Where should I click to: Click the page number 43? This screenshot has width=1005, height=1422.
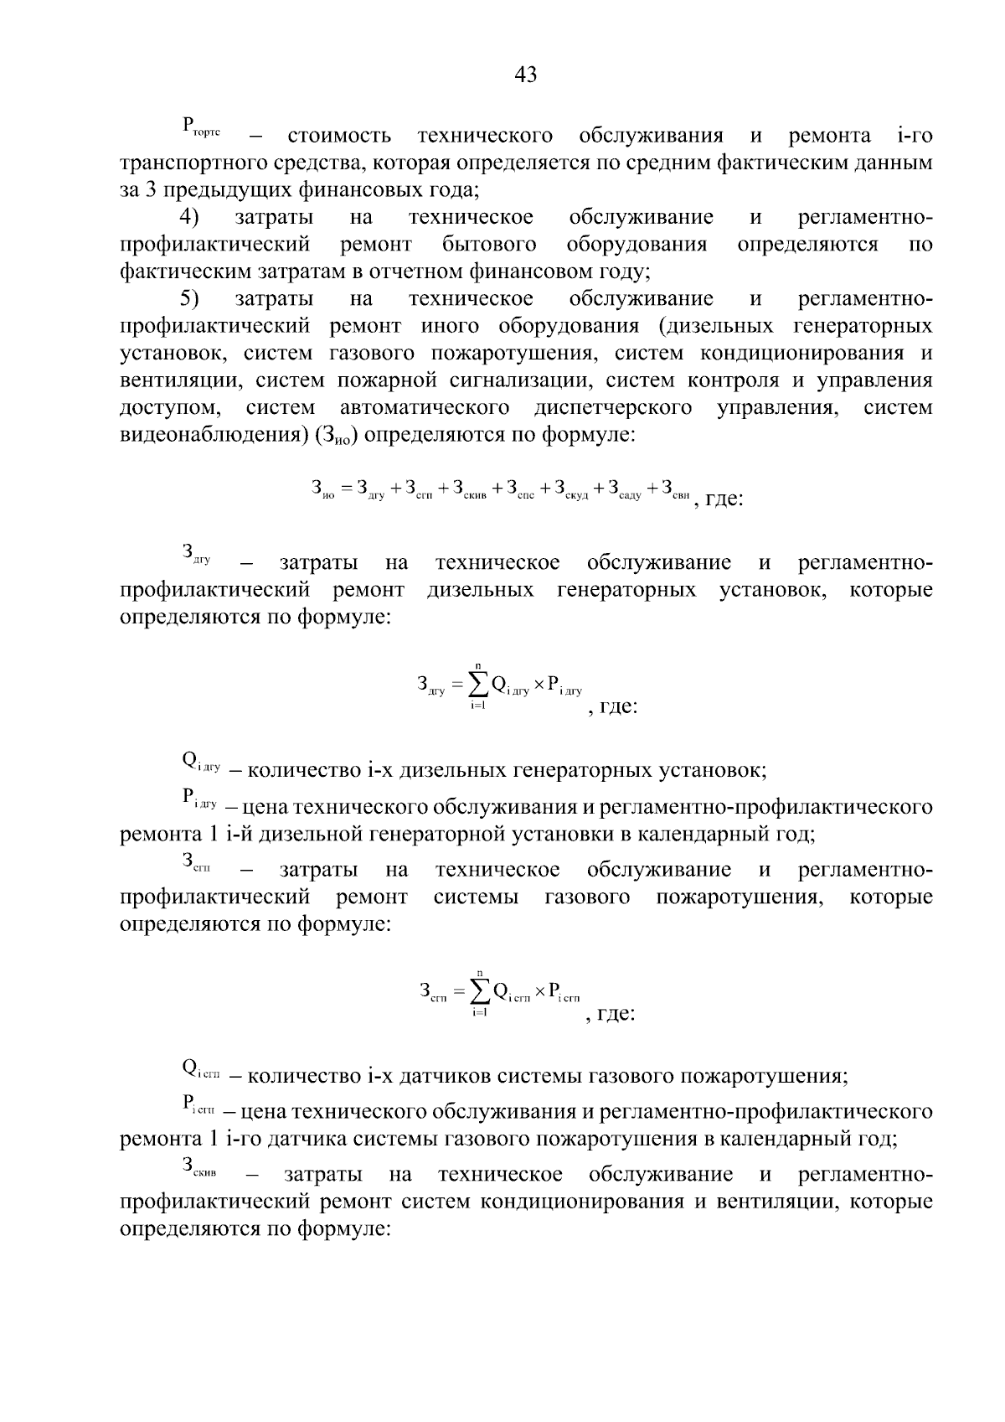click(525, 75)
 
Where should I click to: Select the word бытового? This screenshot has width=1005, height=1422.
click(489, 245)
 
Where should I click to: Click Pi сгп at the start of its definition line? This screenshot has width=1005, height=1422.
click(198, 1105)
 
